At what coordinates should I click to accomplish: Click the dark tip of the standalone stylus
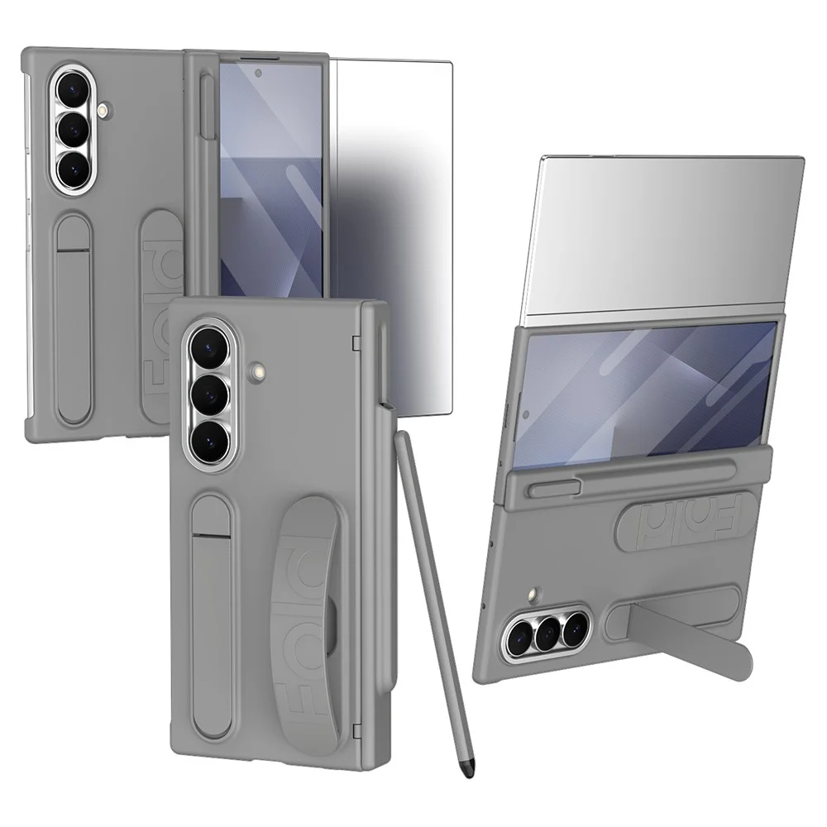466,769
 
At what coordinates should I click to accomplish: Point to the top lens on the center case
209,347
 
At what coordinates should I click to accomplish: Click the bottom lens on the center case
209,441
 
